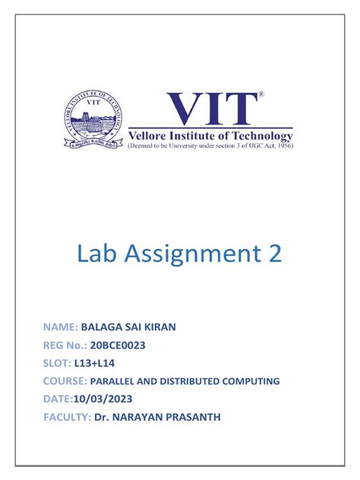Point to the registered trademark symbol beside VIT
coord(262,96)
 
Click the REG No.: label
coord(66,345)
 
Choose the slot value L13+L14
coord(96,363)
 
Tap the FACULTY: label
coord(68,417)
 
